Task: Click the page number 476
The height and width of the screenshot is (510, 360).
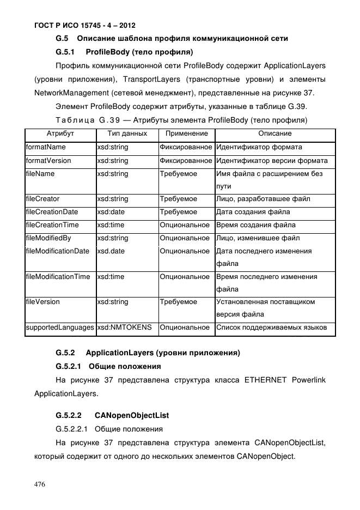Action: coord(40,484)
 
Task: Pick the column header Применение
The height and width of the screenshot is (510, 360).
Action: coord(186,133)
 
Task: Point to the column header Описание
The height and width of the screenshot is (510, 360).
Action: coord(274,133)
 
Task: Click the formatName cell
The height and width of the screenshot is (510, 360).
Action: coord(46,147)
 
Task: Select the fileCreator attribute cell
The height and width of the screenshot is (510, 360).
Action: coord(43,199)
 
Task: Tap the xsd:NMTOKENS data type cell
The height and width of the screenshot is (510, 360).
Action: coord(124,327)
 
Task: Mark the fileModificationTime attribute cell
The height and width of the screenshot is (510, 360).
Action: coord(58,277)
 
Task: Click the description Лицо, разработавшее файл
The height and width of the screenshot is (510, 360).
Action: coord(263,199)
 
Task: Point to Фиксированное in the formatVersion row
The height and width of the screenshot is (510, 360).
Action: coord(186,161)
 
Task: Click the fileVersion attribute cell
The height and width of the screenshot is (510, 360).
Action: coord(42,302)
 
